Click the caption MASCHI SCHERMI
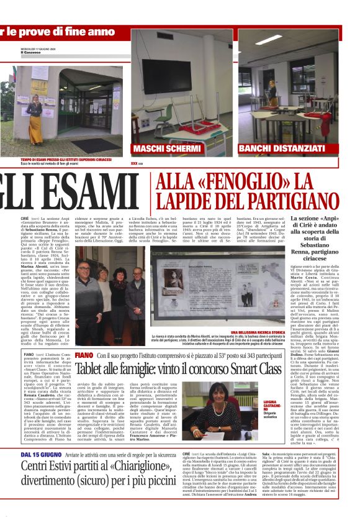pos(166,149)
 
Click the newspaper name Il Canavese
pos(30,52)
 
